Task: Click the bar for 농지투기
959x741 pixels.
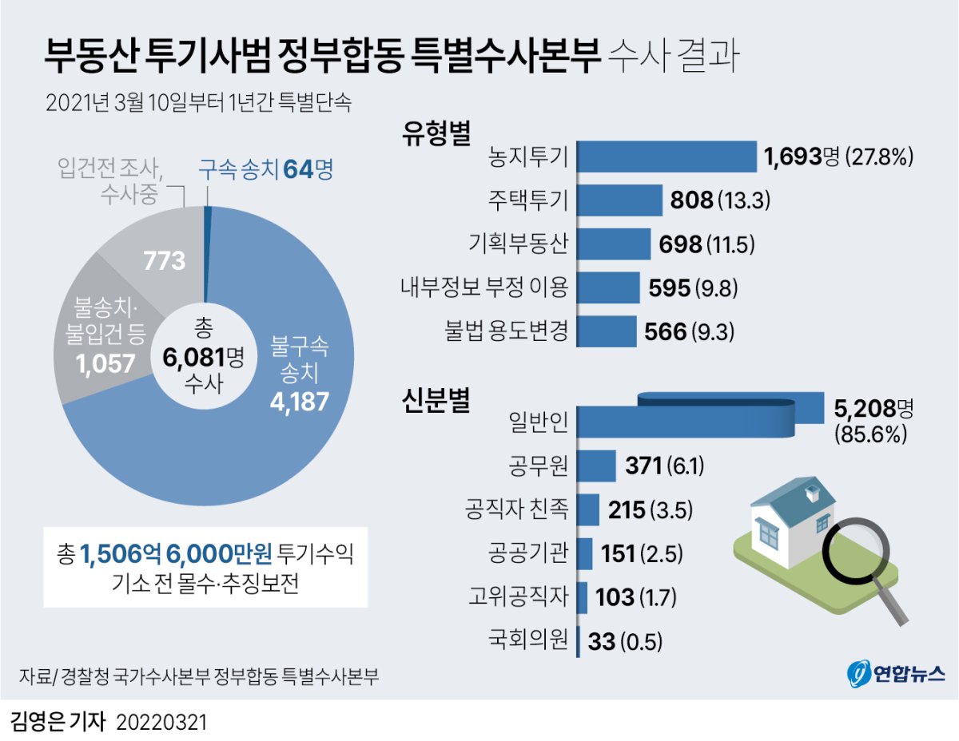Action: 666,157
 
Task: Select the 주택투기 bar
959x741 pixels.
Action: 619,200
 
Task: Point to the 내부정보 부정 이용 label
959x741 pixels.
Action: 484,287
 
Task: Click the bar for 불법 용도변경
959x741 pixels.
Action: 606,331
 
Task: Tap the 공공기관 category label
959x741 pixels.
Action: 528,553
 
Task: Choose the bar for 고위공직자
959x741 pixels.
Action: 582,596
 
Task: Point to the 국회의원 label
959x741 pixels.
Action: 528,639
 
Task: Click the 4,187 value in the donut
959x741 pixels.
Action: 300,401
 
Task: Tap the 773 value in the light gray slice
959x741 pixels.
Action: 164,260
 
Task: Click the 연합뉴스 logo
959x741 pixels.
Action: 895,672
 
